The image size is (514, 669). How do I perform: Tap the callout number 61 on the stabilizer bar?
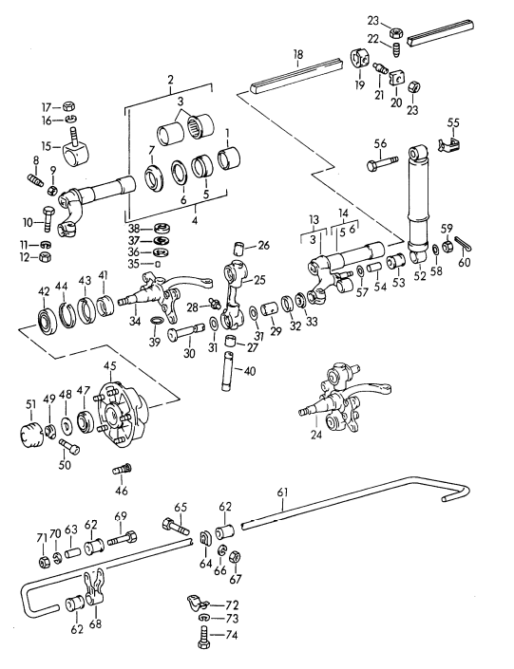click(281, 492)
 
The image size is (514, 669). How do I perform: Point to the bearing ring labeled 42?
click(45, 318)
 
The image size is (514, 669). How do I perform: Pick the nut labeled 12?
click(44, 257)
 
